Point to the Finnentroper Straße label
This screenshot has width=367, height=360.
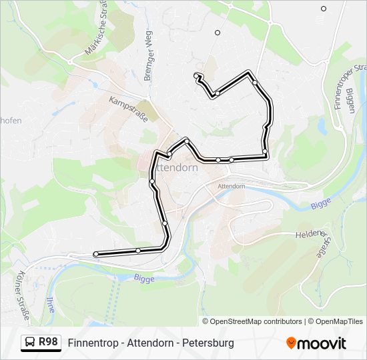tap(358, 87)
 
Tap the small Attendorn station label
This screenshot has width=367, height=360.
tap(231, 186)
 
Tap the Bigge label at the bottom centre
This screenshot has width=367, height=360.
tap(143, 277)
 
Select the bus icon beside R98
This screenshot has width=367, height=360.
tap(30, 343)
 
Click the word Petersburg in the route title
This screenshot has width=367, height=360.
tap(209, 343)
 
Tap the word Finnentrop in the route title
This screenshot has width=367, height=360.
tap(93, 343)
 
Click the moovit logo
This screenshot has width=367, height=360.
tap(316, 343)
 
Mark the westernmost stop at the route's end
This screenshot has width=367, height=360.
tap(96, 254)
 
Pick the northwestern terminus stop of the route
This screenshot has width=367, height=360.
tap(196, 75)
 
